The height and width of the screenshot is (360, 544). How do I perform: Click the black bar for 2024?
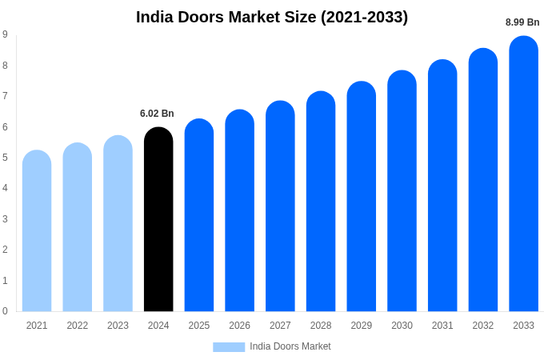158,219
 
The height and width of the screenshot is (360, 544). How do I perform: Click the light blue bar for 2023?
118,223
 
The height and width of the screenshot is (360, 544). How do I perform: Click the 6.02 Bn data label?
157,114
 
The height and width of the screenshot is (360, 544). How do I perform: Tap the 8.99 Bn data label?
522,22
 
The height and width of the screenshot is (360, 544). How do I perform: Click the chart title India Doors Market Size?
272,17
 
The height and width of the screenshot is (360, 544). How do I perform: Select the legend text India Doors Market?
290,346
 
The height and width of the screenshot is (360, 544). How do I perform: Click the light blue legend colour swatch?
229,346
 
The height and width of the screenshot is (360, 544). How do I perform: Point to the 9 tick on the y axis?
6,34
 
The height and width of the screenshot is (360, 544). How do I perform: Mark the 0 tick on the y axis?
6,311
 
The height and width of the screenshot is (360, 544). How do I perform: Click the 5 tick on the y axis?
6,158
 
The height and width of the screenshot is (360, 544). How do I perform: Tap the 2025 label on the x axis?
199,326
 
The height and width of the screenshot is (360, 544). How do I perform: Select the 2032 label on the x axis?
483,326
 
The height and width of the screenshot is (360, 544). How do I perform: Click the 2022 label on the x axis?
78,326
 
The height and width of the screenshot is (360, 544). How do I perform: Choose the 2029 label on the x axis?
362,326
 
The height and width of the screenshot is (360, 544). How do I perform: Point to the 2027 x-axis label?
280,326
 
